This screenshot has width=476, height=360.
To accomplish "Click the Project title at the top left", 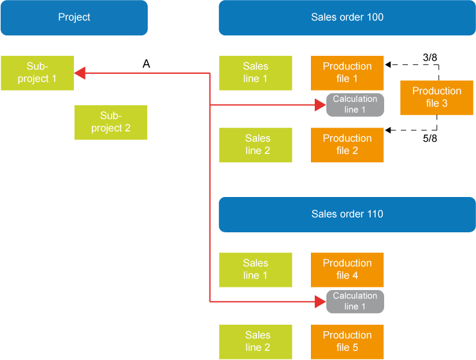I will [x=74, y=17].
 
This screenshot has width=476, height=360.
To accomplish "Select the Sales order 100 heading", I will [x=347, y=17].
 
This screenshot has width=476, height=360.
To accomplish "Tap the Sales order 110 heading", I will [x=347, y=214].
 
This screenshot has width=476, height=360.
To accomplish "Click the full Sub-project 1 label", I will [x=37, y=72].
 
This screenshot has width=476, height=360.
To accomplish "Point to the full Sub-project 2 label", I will [x=110, y=121].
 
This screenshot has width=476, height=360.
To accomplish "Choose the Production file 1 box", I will [x=347, y=72].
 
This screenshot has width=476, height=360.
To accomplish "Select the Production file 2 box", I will [x=347, y=144].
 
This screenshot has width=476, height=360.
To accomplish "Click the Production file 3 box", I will [x=436, y=97].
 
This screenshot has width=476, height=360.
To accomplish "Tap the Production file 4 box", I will [x=347, y=269].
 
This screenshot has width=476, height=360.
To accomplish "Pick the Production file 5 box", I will [x=347, y=341].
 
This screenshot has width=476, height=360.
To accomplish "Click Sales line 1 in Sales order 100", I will [x=256, y=72].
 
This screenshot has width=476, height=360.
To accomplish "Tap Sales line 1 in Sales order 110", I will [x=256, y=269].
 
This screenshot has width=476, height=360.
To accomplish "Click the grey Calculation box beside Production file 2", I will [x=355, y=110].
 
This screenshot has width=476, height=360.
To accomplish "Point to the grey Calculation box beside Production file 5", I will [x=355, y=307].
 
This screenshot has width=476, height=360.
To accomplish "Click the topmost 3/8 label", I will [x=430, y=58].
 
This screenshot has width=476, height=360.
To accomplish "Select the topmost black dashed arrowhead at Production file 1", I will [x=389, y=65].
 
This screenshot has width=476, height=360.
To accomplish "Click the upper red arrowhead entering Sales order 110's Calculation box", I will [x=321, y=302].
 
